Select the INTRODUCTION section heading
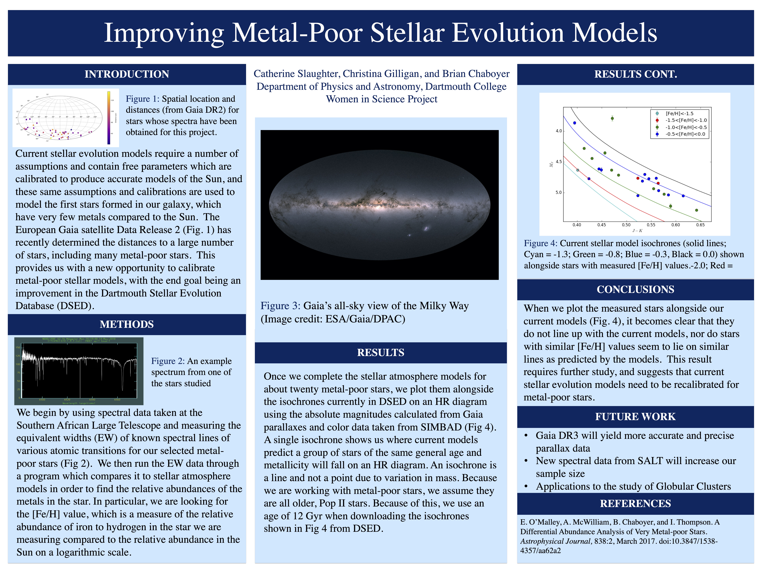point(127,74)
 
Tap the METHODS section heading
point(127,324)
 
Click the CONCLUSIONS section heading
point(635,289)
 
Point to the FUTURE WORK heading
point(635,417)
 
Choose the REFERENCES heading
point(635,504)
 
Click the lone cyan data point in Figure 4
point(578,170)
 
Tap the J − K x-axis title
point(637,231)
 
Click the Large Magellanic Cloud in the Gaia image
point(427,228)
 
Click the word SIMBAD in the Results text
point(441,427)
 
